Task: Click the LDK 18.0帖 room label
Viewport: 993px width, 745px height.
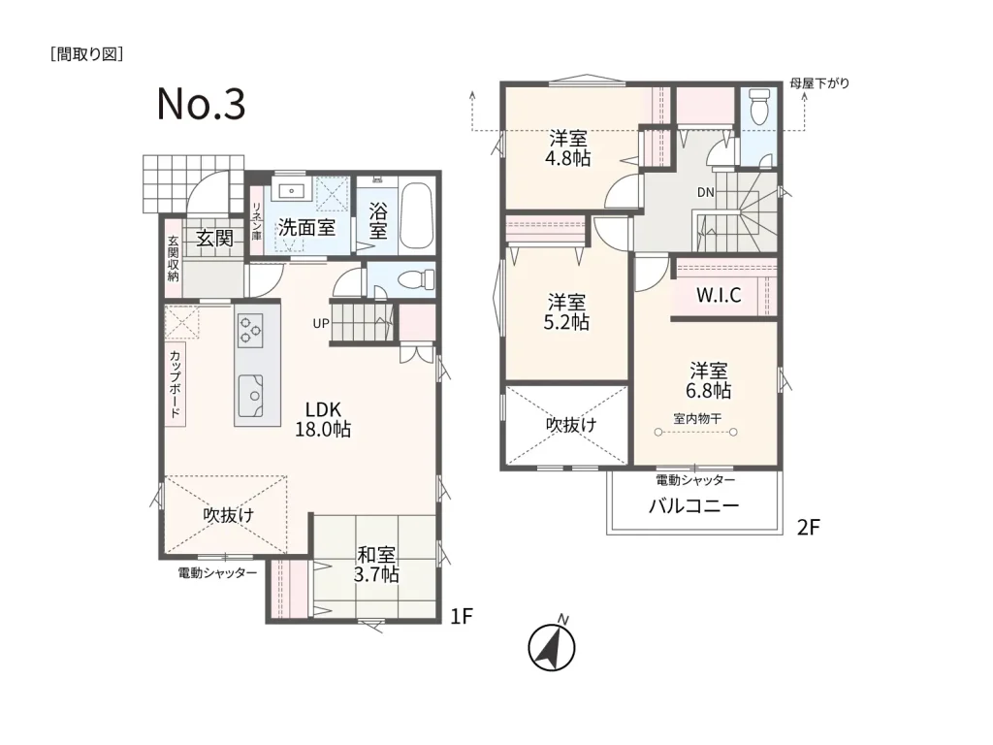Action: point(323,419)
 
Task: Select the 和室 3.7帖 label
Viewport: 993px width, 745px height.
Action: point(376,565)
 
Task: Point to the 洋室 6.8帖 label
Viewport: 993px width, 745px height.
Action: point(708,380)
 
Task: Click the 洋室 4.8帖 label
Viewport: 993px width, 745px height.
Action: point(567,147)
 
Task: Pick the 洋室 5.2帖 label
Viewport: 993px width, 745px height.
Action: point(566,312)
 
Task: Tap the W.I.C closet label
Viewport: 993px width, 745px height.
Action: point(719,295)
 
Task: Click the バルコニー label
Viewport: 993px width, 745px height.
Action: point(694,506)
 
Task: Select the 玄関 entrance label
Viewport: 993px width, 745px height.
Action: point(214,239)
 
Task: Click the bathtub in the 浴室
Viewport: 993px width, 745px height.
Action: point(416,216)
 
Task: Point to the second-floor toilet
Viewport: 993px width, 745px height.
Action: point(758,106)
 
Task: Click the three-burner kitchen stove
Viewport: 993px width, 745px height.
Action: point(250,330)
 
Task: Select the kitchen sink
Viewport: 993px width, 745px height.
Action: point(250,396)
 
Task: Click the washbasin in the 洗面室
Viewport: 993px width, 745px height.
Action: point(291,189)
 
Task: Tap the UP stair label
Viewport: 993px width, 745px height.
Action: point(321,324)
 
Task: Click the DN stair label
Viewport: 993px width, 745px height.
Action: point(706,193)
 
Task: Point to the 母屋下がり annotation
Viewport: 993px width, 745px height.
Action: point(819,83)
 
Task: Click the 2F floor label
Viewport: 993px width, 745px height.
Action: point(808,527)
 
